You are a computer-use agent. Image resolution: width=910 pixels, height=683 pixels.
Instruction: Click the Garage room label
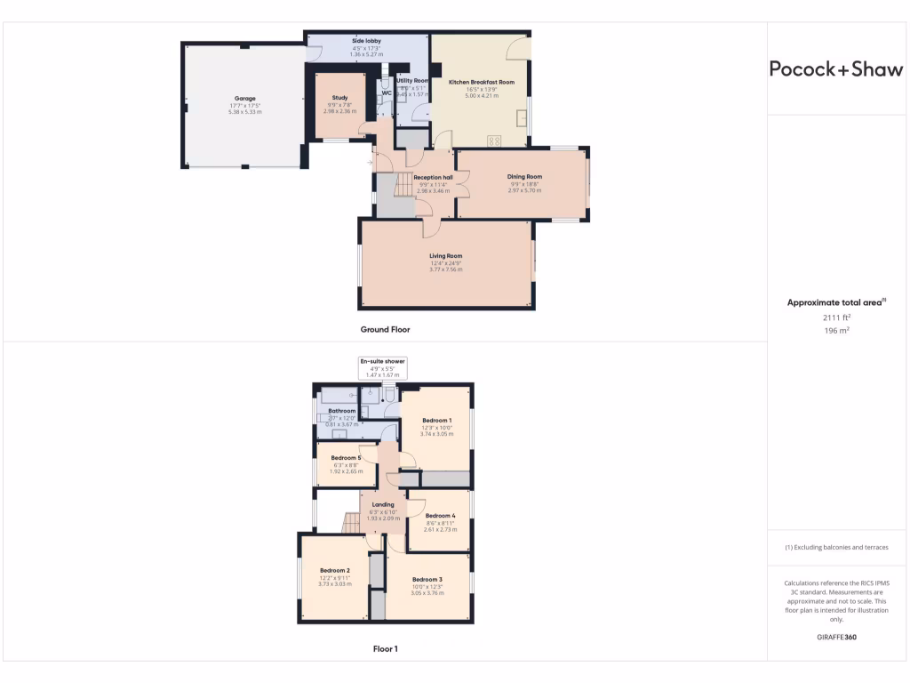[244, 98]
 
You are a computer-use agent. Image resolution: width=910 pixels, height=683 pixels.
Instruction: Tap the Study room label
[339, 98]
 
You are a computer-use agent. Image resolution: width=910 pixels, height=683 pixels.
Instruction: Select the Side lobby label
[367, 41]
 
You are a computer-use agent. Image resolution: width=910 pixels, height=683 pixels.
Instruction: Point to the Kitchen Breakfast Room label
[482, 82]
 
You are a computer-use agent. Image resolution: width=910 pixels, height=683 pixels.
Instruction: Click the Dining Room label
[524, 176]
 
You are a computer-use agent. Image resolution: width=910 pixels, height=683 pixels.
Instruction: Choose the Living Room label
[446, 256]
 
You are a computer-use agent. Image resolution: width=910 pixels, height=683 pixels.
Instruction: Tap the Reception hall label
[433, 177]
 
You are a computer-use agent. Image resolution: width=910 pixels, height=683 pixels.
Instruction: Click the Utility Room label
[412, 81]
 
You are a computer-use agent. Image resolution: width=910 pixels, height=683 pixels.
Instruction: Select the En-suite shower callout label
[382, 361]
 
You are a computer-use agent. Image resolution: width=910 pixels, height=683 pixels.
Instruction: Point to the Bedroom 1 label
[436, 420]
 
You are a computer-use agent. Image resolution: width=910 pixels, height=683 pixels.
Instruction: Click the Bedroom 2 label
[334, 570]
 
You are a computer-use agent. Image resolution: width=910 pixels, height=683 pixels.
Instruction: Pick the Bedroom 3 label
[427, 579]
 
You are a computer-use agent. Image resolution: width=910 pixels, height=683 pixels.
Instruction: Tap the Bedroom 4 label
[440, 515]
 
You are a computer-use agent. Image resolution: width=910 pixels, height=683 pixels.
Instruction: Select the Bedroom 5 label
[347, 457]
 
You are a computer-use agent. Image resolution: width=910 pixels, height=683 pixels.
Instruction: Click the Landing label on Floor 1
[383, 505]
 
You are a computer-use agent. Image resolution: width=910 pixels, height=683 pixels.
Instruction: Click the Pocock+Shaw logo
[835, 69]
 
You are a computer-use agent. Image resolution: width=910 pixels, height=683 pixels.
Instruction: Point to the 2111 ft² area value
[836, 317]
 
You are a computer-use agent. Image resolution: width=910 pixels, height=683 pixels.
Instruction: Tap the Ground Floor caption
[385, 329]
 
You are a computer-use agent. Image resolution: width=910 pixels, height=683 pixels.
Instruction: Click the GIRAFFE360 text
[836, 637]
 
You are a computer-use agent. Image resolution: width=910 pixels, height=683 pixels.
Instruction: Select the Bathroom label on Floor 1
[342, 411]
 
